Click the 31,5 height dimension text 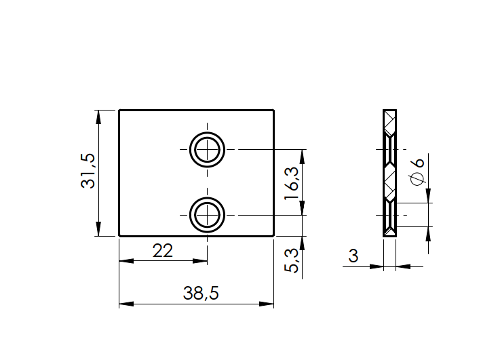tap(89, 171)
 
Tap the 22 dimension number tap(163, 250)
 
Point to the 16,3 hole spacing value tap(292, 181)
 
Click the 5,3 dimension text tap(292, 260)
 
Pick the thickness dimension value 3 tap(353, 256)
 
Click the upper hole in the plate tap(207, 149)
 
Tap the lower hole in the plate tap(207, 214)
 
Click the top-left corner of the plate tap(119, 110)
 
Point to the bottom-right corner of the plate tap(274, 236)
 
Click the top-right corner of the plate tap(274, 110)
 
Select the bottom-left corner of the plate tap(119, 236)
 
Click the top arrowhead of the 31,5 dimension tap(99, 116)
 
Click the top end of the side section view tap(389, 111)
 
